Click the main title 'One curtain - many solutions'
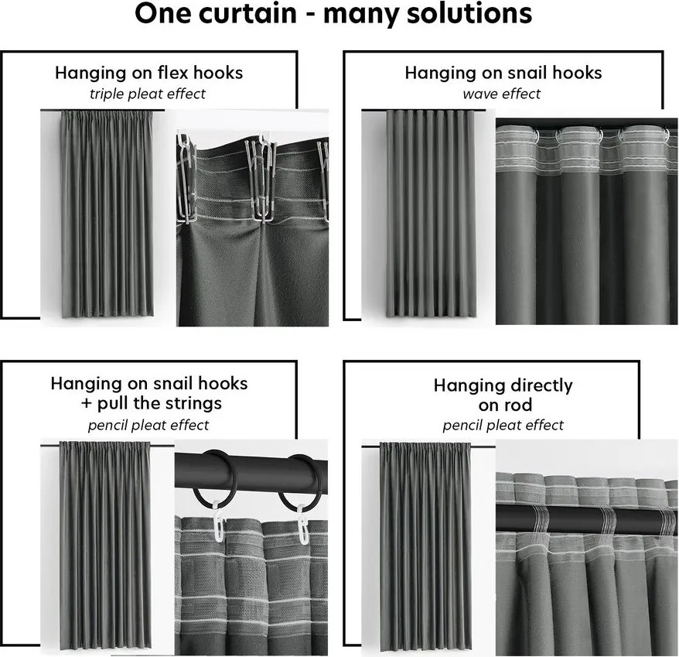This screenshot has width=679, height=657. click(x=333, y=15)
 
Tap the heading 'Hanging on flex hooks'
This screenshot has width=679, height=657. click(x=148, y=73)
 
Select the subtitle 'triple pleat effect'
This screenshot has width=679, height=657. click(x=147, y=94)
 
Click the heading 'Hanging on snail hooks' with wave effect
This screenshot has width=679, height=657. click(x=503, y=73)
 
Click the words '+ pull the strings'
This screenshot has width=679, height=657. click(x=149, y=403)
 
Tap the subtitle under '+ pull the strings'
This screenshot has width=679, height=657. click(x=148, y=425)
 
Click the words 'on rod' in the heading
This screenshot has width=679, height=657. click(x=503, y=405)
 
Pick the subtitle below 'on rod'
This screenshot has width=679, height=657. click(x=503, y=426)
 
